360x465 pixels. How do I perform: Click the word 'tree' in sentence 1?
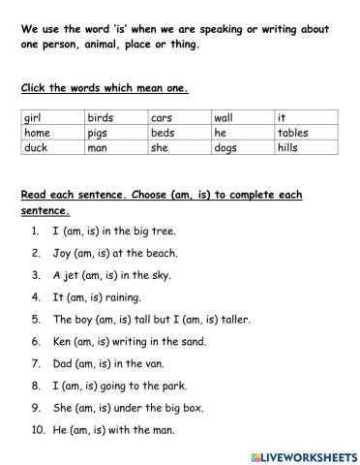pos(165,232)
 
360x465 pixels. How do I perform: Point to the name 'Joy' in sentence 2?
pos(62,254)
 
